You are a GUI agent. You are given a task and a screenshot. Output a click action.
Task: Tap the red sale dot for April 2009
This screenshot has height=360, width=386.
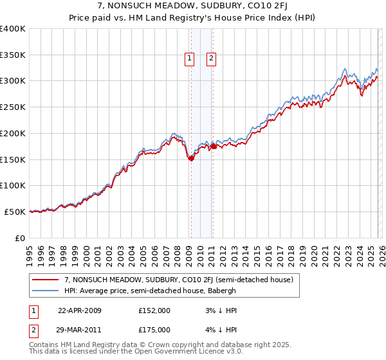pos(191,159)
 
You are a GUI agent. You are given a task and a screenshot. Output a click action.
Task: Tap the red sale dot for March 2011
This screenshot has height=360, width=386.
pos(213,147)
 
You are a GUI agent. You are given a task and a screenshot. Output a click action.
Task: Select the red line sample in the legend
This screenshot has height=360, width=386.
pos(46,280)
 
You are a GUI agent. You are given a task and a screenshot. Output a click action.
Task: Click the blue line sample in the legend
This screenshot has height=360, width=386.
pos(46,291)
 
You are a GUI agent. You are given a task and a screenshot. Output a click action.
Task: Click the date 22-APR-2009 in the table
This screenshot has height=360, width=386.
pos(80,310)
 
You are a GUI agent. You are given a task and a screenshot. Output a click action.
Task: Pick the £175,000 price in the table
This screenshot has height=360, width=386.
pos(154,330)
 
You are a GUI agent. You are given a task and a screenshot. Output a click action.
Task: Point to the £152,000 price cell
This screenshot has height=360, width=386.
pos(154,310)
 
